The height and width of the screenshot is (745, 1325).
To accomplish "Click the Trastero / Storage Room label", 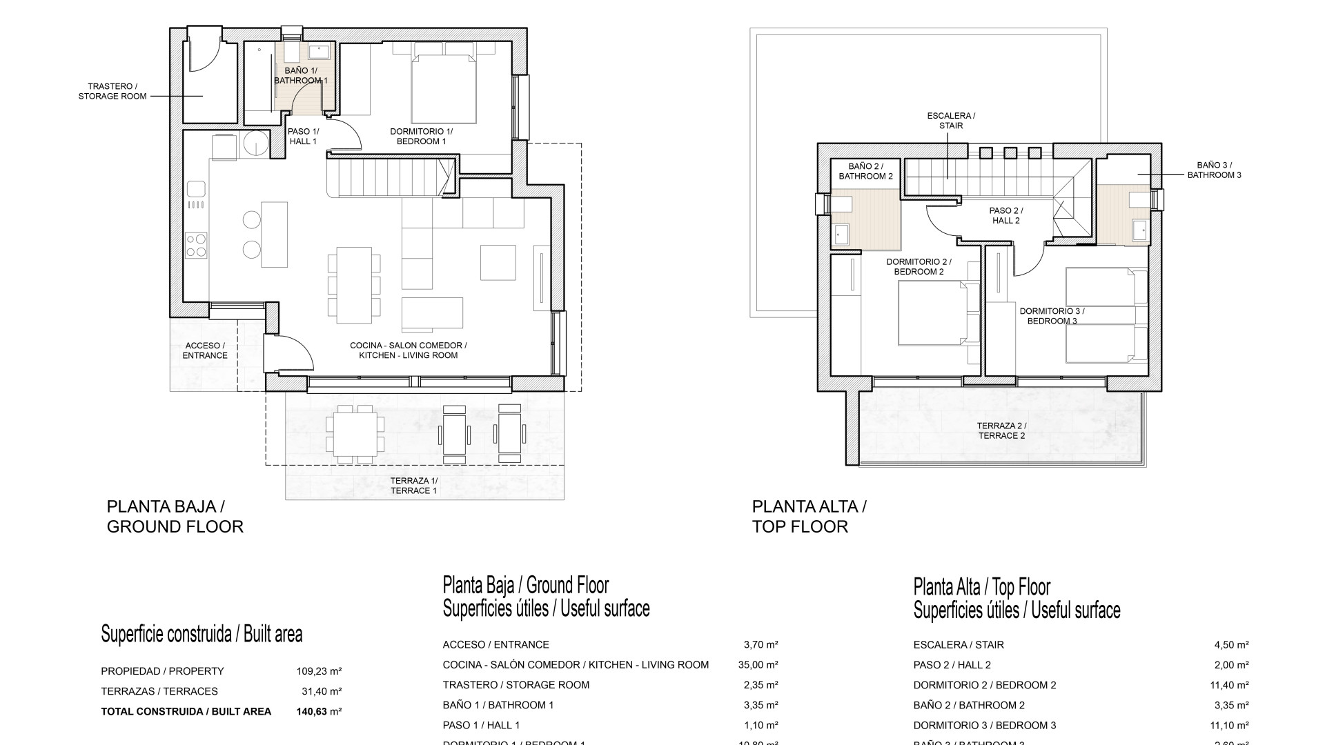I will [x=112, y=91].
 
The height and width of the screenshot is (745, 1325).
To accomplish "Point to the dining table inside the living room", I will [x=353, y=285].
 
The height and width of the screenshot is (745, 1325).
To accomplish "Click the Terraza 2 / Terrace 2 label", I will [x=1002, y=430].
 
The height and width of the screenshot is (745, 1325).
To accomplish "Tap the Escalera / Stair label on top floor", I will [x=951, y=121].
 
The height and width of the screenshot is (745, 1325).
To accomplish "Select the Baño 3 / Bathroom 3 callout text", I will [x=1214, y=170].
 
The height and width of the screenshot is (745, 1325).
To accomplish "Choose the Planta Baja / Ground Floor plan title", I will [x=175, y=516].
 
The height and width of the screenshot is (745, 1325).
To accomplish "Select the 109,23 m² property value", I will [x=315, y=671].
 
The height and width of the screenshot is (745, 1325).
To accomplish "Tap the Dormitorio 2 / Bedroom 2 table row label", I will [x=984, y=685].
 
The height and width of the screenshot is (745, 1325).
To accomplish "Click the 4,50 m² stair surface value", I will [x=1231, y=645].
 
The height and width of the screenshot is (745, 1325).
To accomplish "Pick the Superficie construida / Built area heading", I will [x=202, y=634].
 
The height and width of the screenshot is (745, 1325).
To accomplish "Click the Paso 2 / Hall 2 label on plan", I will [x=1005, y=215].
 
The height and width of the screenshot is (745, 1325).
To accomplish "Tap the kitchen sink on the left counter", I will [x=196, y=188].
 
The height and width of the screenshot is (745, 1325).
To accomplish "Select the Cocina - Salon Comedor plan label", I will [x=408, y=350].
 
